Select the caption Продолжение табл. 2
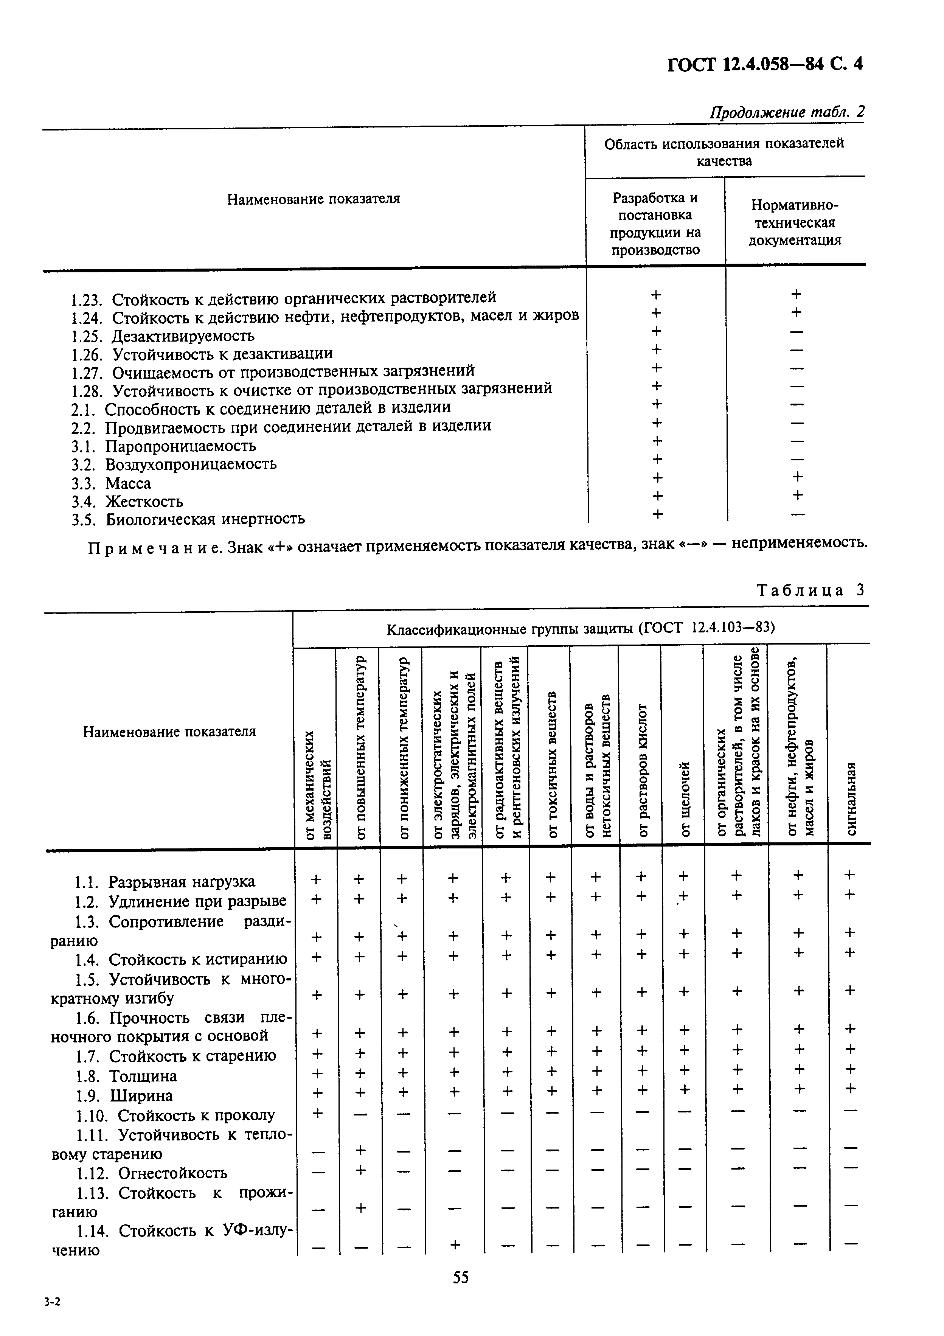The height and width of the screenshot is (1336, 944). click(786, 112)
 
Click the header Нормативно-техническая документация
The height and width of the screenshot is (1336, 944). click(795, 223)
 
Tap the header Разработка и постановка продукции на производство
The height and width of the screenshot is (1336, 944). click(655, 224)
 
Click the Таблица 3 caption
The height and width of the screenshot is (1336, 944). click(810, 590)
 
